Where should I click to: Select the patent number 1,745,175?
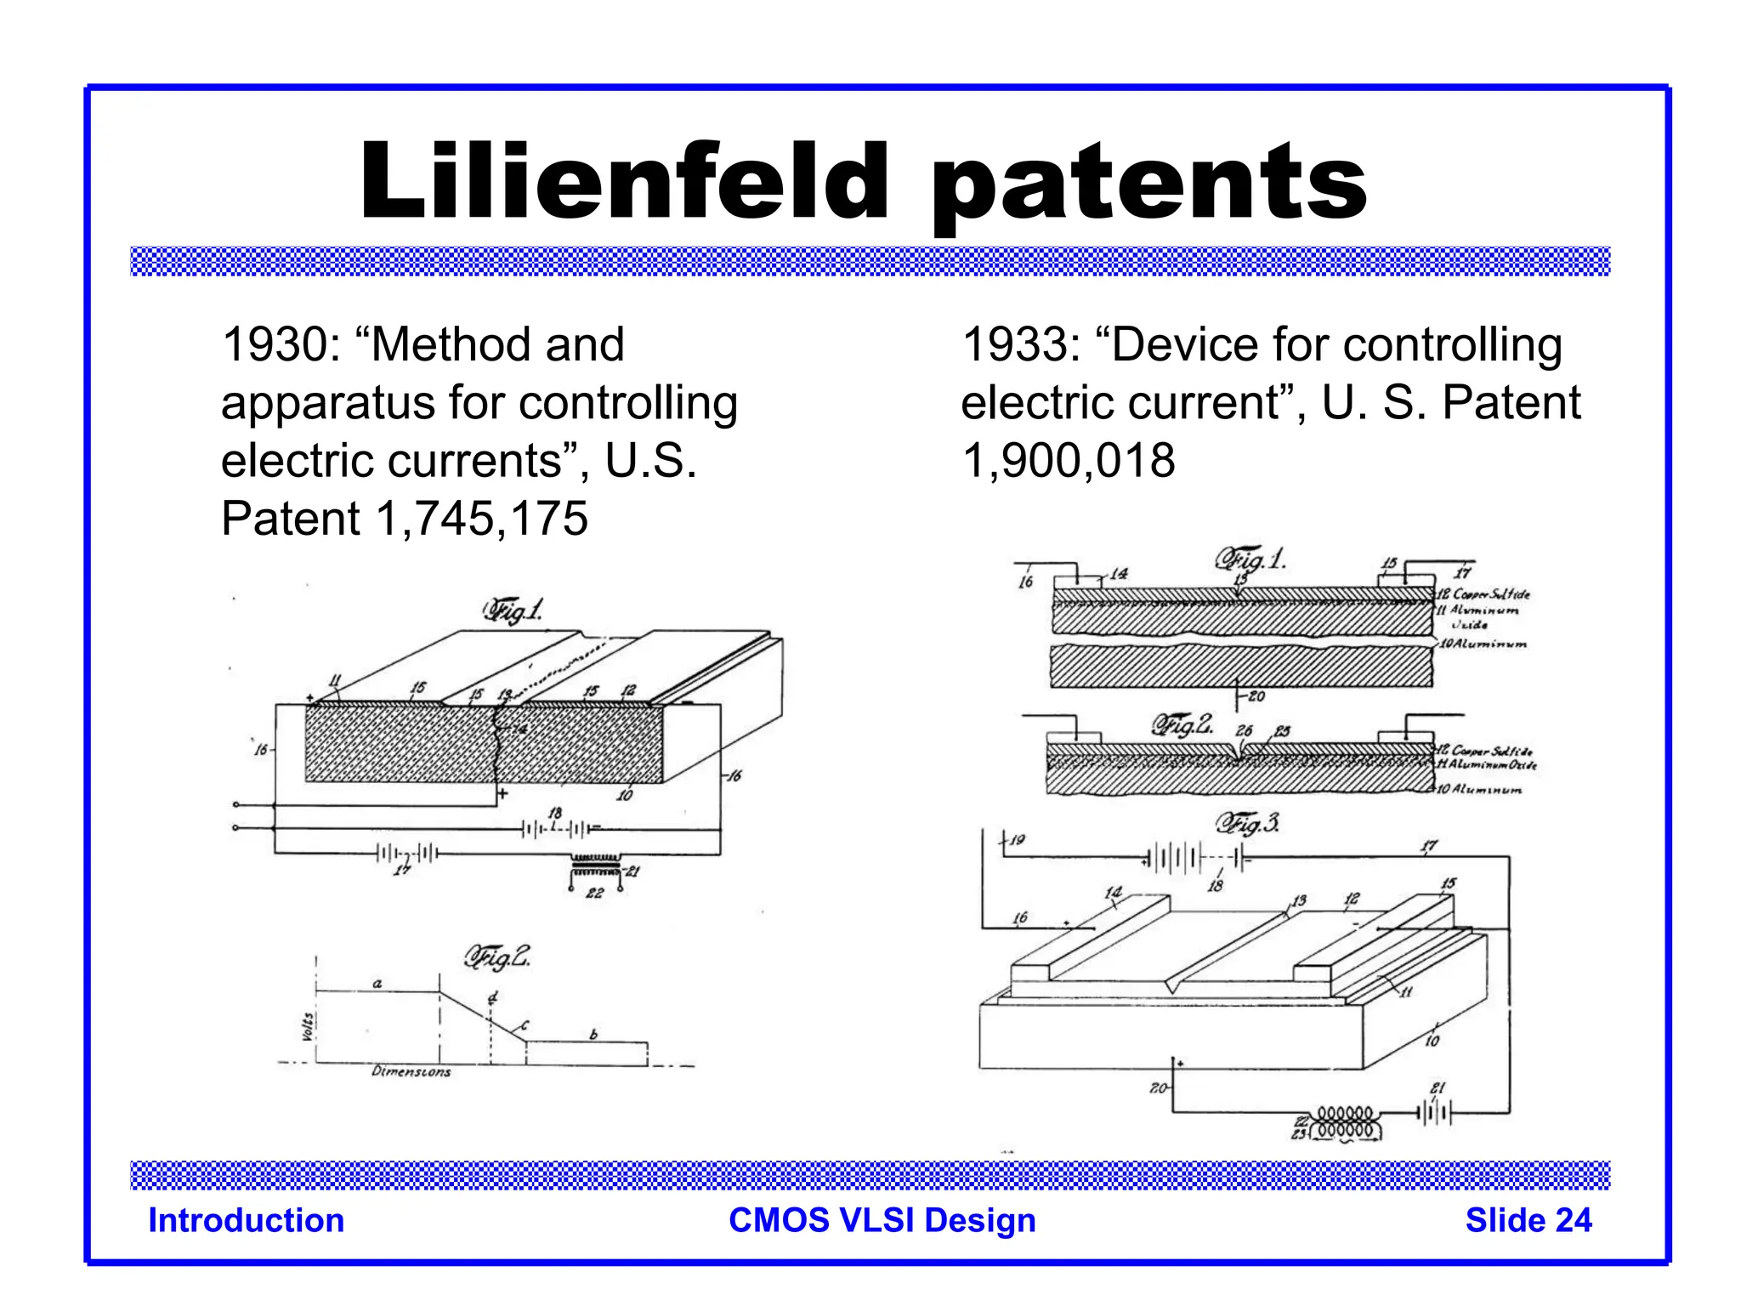(481, 518)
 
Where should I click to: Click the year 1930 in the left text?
(275, 345)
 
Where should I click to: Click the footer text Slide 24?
(1528, 1220)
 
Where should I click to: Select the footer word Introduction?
(247, 1220)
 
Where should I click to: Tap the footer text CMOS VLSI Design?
(882, 1220)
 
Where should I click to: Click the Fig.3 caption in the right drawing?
(1247, 823)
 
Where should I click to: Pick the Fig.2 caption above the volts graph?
(497, 958)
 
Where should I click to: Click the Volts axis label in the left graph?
(308, 1026)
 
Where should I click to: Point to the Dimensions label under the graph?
(411, 1071)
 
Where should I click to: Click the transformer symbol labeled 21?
(595, 867)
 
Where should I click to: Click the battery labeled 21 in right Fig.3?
(1435, 1111)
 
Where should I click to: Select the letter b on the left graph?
(593, 1035)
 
